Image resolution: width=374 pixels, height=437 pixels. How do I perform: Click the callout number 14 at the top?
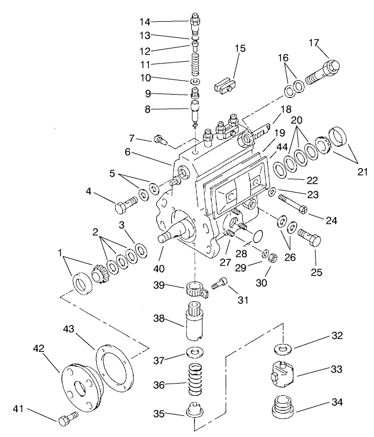144,22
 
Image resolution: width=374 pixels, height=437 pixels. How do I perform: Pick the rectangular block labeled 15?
225,86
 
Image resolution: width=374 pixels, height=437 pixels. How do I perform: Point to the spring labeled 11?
196,62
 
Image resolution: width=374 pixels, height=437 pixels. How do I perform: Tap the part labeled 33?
283,375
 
